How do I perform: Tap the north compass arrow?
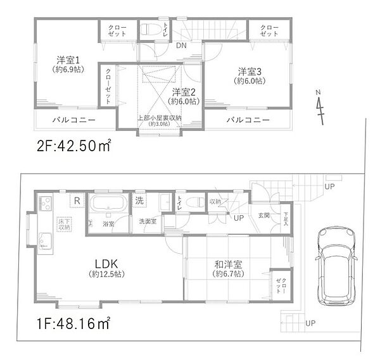click(320, 108)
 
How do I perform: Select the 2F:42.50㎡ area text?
click(72, 147)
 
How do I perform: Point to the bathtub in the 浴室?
click(110, 205)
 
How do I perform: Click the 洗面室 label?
click(150, 221)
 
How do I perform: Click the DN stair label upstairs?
click(181, 46)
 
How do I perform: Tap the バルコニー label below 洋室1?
click(74, 120)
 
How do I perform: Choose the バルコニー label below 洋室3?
click(248, 120)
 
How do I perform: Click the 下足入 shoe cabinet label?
click(286, 218)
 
